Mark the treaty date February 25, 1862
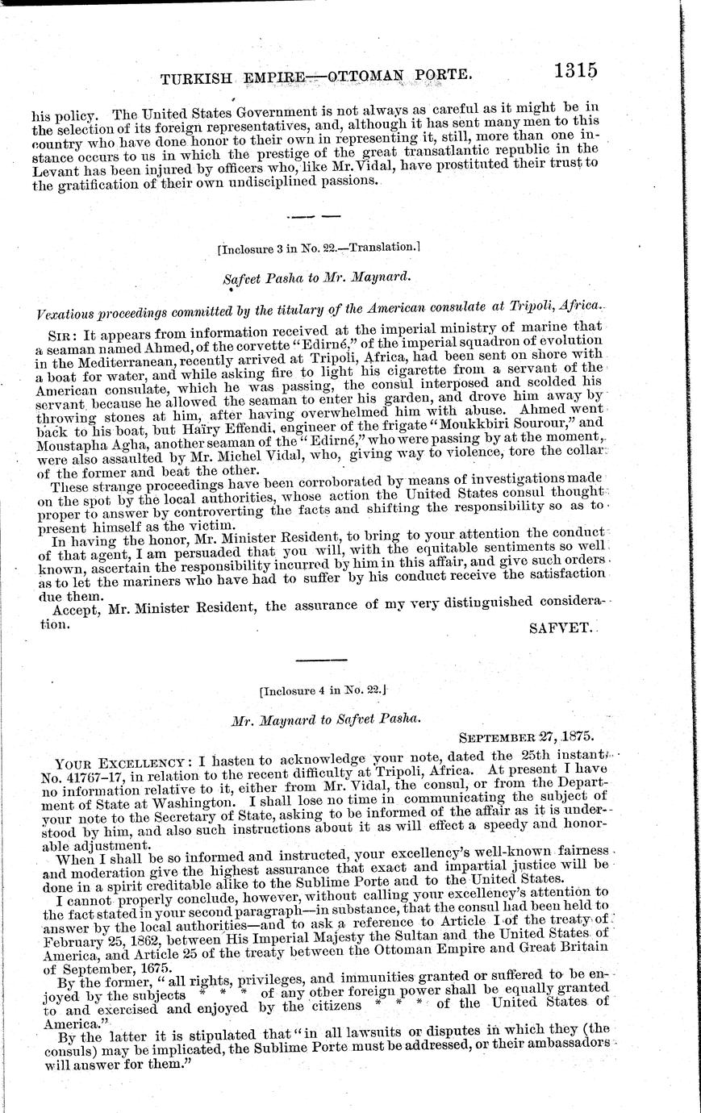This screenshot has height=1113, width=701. (x=95, y=944)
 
